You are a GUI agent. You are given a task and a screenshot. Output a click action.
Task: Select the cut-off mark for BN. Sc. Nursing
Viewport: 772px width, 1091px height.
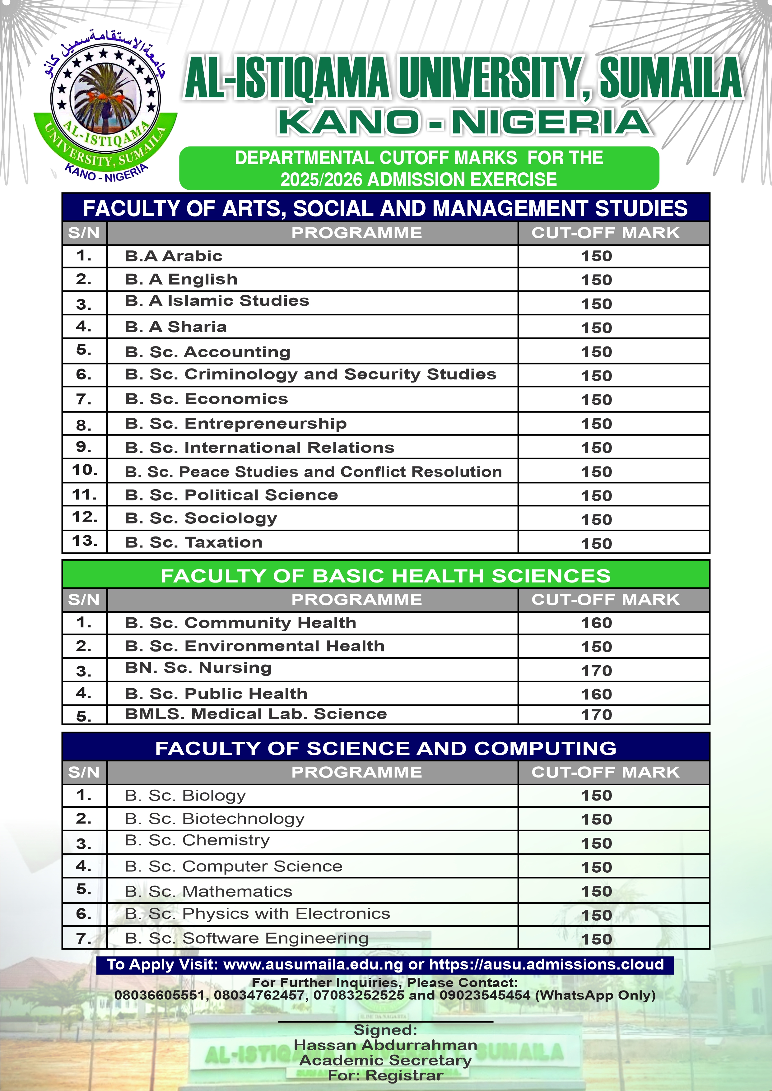point(596,671)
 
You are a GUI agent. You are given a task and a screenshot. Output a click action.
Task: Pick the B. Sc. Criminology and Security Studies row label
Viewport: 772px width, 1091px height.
point(310,374)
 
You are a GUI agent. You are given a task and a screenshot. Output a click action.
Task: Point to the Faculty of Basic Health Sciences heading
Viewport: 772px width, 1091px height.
point(385,575)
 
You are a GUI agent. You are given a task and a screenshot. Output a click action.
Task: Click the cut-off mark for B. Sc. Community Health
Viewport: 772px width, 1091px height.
point(596,623)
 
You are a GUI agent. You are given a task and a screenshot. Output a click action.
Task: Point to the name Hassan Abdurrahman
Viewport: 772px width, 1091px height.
point(385,1045)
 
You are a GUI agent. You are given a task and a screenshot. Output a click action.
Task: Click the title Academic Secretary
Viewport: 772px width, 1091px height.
point(385,1060)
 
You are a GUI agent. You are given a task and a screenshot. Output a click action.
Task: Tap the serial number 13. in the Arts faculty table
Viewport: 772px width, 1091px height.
point(85,541)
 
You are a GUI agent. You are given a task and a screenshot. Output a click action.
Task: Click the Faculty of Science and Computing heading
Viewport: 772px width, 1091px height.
point(385,748)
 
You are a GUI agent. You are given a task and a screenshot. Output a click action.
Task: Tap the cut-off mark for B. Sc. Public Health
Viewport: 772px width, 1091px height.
point(596,694)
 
